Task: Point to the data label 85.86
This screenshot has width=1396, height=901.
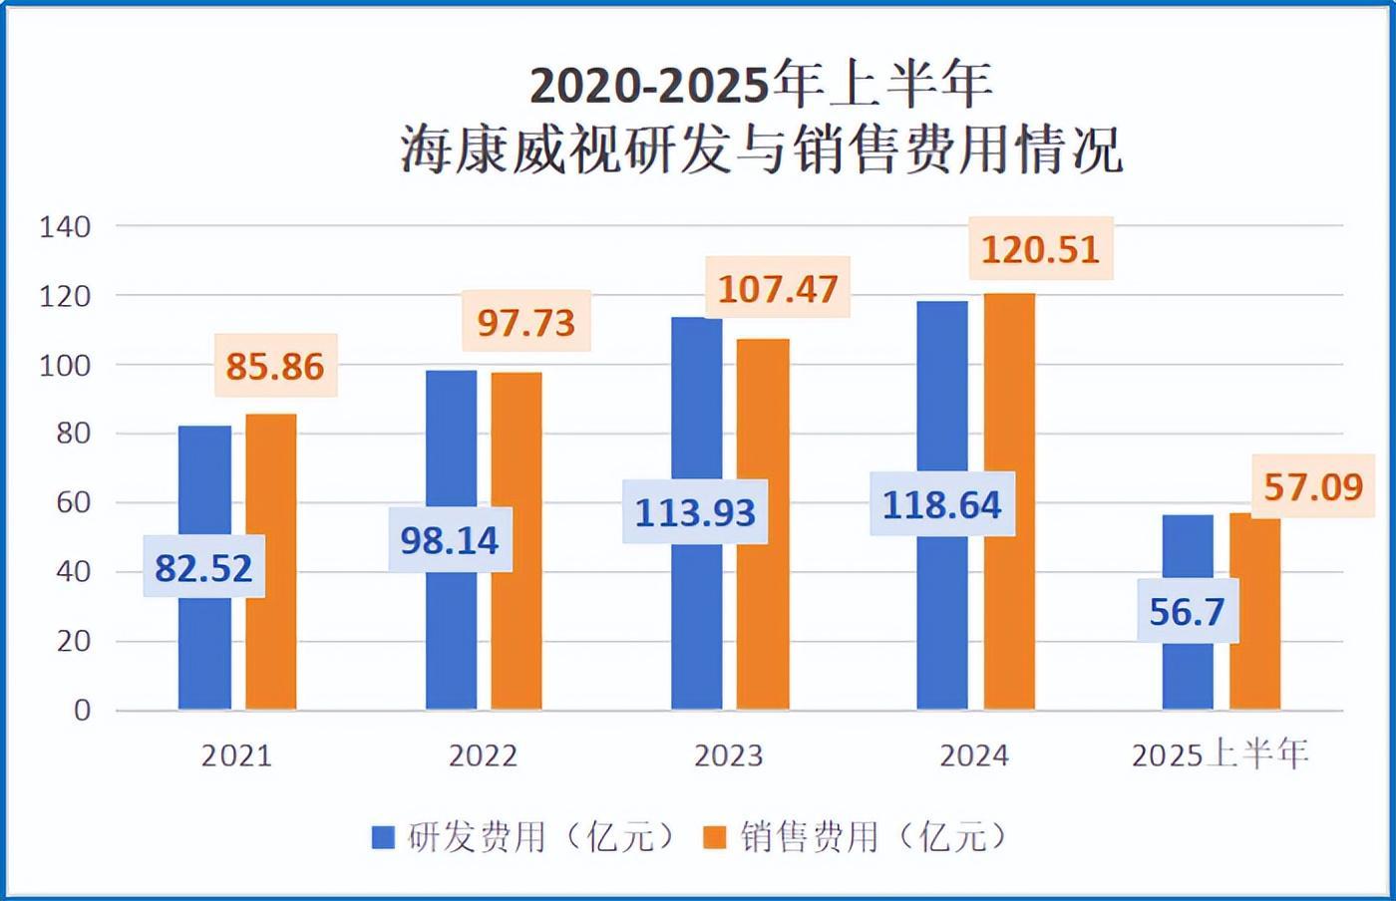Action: [x=275, y=366]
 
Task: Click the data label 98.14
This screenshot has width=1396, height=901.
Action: [x=450, y=540]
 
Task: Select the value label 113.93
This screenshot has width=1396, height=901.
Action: [x=696, y=512]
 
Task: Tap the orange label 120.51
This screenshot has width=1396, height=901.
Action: [x=1040, y=249]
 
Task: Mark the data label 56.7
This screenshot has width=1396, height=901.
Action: [x=1187, y=611]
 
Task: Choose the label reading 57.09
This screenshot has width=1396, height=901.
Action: [x=1312, y=487]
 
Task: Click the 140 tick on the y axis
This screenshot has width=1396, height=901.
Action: [x=65, y=227]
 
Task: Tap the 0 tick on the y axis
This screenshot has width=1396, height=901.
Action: [x=82, y=711]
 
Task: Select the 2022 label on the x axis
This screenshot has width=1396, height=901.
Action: [x=483, y=755]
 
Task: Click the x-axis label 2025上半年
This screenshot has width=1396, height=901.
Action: [x=1220, y=754]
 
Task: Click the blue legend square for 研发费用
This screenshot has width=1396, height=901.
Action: [x=383, y=837]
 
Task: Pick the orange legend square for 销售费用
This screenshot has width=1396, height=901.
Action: [x=715, y=837]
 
